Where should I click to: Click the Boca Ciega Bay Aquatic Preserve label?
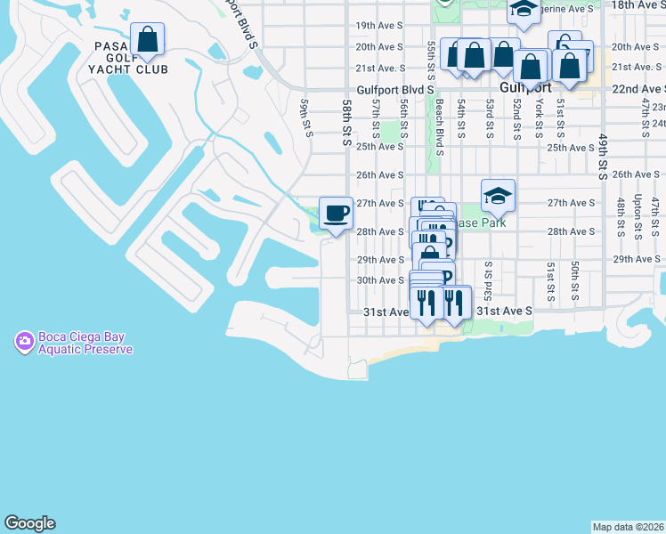click(85, 344)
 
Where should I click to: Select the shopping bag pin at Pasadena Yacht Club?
click(147, 40)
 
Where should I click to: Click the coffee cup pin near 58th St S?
click(336, 214)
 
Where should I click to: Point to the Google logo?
click(29, 523)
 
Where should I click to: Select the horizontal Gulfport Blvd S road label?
click(395, 90)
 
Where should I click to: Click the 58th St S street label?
click(347, 118)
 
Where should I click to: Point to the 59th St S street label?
click(308, 117)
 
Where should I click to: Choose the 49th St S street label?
click(603, 158)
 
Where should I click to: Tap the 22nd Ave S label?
click(639, 89)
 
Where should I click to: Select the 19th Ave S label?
click(380, 26)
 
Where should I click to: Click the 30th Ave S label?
click(381, 280)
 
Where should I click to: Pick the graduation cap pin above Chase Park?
click(498, 196)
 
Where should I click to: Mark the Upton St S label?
click(638, 218)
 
